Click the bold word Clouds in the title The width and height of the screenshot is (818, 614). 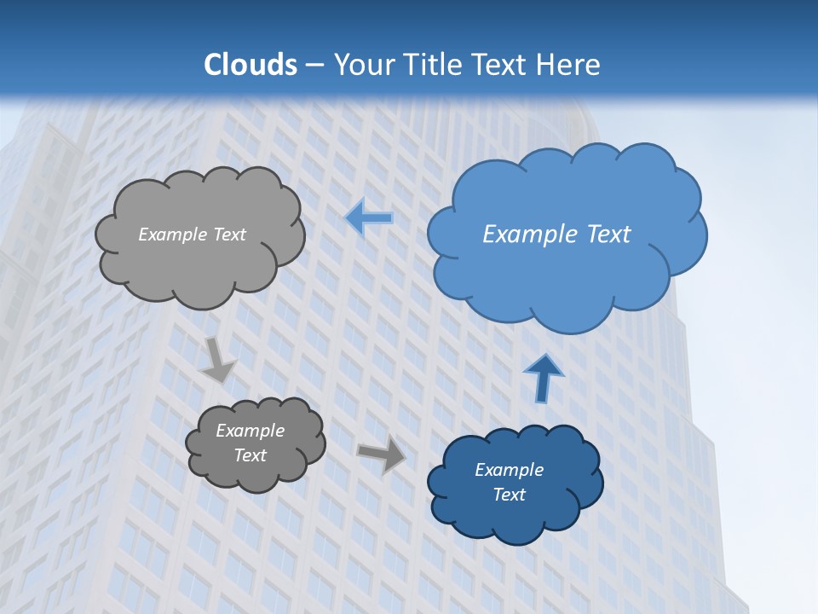251,65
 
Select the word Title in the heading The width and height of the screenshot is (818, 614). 436,65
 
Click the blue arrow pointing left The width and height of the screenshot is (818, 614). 369,218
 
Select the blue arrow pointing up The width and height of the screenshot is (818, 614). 543,377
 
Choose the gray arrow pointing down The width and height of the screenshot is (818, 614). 217,361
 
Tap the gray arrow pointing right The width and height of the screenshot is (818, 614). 382,454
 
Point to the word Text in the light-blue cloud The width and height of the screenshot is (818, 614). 609,235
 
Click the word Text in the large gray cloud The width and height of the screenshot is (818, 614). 229,235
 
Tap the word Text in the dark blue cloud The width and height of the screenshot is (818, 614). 509,495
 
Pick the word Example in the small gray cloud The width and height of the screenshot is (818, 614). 250,431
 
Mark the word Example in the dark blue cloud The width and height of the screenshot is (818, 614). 509,470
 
